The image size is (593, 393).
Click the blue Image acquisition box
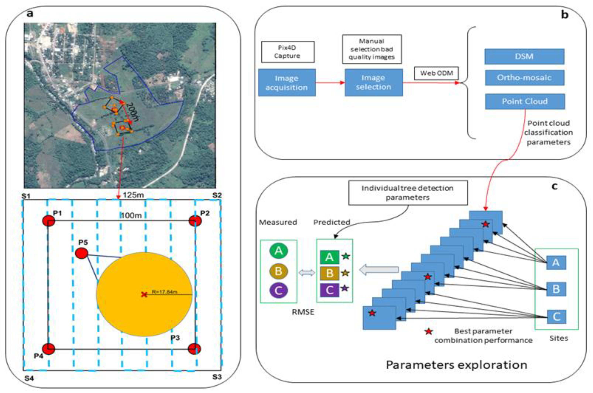coord(287,83)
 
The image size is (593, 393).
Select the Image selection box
coord(373,83)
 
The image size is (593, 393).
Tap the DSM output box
coord(524,56)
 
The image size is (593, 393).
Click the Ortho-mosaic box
coord(524,78)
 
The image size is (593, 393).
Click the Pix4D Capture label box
coord(287,52)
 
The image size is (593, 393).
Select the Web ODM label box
coord(436,73)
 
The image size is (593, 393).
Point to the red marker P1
coord(49,221)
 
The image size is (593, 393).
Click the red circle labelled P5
coord(82,253)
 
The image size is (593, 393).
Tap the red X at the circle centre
coord(144,294)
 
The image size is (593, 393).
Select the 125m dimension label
coord(133,195)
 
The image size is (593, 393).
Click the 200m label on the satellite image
coord(132,112)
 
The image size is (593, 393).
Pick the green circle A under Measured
coord(278,251)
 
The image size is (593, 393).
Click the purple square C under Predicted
coord(330,290)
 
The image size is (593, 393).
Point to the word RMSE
coord(303,312)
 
